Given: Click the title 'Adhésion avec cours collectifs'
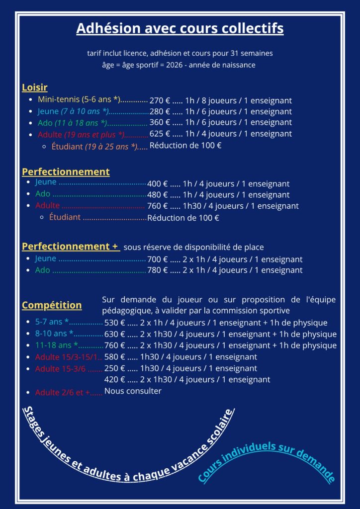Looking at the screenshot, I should (x=180, y=29).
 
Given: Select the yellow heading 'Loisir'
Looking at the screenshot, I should (x=35, y=87).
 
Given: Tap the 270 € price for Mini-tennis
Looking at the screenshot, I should (x=160, y=100).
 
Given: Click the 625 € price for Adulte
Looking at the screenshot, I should (x=160, y=134).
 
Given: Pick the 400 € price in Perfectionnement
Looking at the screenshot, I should (x=158, y=184).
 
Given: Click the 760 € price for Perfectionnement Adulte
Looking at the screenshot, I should (x=158, y=206).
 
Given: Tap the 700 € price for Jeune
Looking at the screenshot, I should (x=158, y=259).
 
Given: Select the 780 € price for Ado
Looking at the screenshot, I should (x=158, y=270).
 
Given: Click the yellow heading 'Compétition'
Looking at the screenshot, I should (x=52, y=305).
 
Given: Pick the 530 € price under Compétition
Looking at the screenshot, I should (x=115, y=323).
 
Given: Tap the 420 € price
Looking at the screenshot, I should (x=115, y=380).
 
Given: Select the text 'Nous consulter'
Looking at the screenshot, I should (x=133, y=391).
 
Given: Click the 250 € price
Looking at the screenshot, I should (x=115, y=369).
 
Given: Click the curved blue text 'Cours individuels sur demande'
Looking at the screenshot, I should (x=267, y=460).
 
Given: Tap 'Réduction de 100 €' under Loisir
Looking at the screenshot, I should (x=185, y=146).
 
